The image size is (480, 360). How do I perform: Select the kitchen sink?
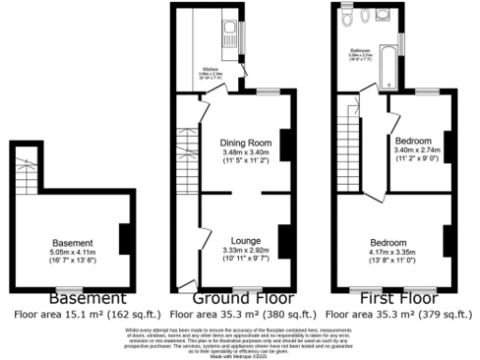232,38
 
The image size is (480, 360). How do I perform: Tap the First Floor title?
386,298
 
